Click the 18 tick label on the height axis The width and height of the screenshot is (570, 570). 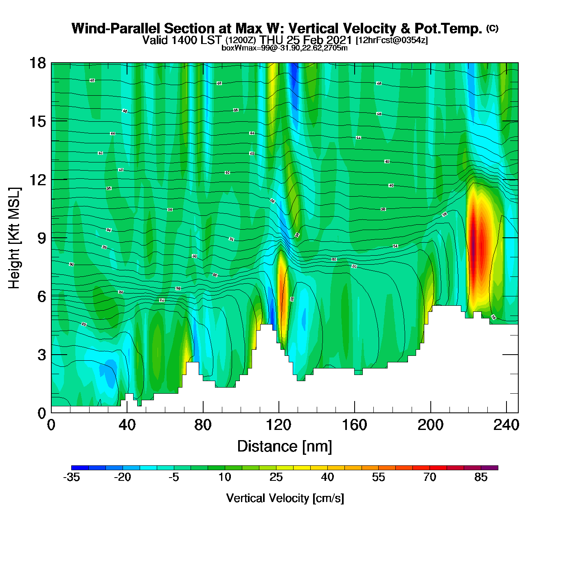(x=37, y=63)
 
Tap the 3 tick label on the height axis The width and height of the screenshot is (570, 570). (x=42, y=355)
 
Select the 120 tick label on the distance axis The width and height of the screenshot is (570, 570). (x=278, y=425)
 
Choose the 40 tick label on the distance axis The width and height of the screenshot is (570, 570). (x=127, y=425)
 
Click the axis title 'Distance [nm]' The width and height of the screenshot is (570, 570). (x=285, y=446)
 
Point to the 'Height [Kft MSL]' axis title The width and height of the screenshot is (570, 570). (x=14, y=238)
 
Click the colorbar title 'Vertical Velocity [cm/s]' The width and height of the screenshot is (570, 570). (x=285, y=498)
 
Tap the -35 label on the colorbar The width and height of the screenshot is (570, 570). (x=71, y=477)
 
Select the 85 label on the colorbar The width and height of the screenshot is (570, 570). (x=481, y=477)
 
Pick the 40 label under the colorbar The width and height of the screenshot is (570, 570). (x=327, y=477)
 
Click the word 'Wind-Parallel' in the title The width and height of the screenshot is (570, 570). (x=116, y=28)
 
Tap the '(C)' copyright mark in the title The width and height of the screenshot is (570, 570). (x=492, y=28)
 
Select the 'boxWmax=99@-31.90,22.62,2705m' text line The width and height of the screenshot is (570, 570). (x=285, y=48)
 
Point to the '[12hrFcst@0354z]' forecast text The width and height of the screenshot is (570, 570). (x=392, y=40)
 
